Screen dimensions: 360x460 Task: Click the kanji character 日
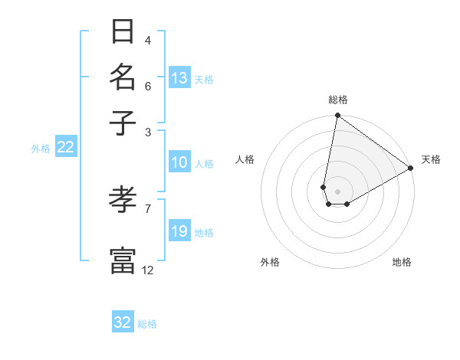pos(123,33)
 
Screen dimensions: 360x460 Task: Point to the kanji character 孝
pos(123,201)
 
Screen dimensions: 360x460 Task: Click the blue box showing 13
pos(179,78)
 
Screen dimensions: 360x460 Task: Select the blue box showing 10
pos(179,162)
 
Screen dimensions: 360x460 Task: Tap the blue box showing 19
pos(179,231)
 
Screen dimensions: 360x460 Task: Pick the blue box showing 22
pos(66,148)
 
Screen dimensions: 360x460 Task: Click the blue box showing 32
pos(123,322)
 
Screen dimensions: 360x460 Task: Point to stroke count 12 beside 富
pos(147,270)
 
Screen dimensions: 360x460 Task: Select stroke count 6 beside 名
pos(147,86)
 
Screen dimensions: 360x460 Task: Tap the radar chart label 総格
pos(338,100)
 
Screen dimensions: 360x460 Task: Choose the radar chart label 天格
pos(431,159)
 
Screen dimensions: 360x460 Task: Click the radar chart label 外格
pos(270,262)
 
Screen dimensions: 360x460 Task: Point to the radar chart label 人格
pos(245,159)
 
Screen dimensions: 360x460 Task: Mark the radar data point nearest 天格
pos(411,169)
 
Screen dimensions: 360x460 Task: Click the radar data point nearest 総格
pos(337,116)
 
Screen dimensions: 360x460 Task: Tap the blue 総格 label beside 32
pos(147,323)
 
